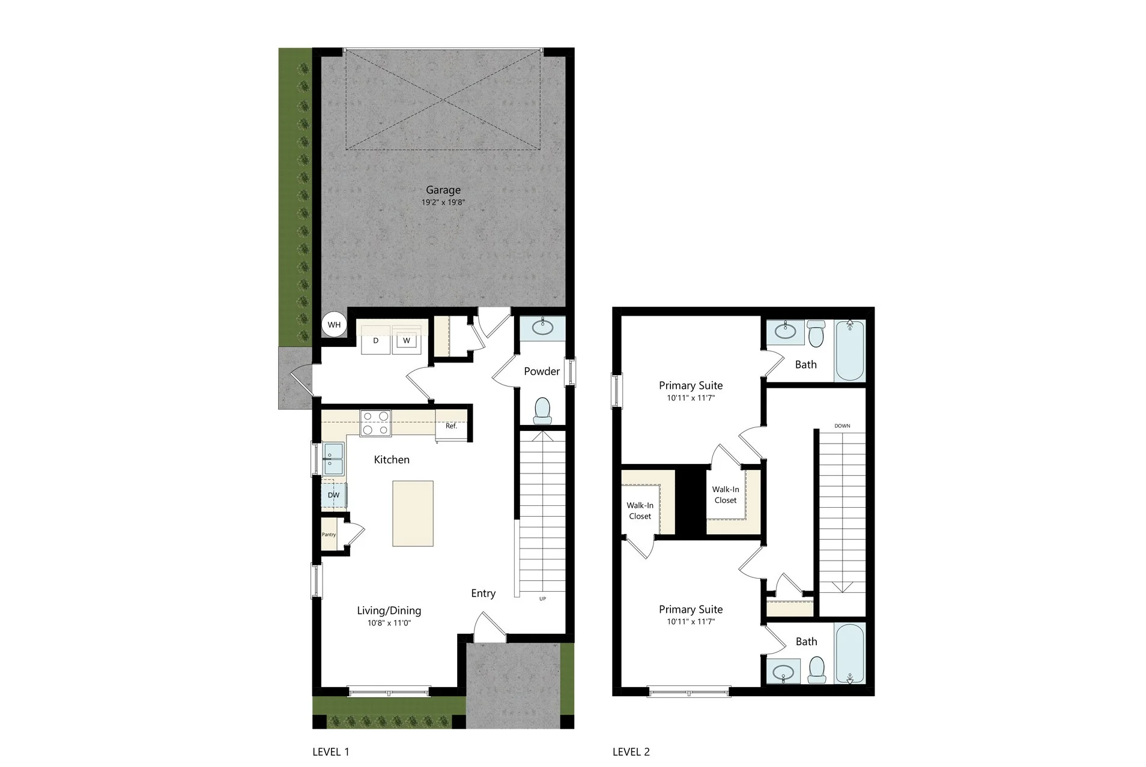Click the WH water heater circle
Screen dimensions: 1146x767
coord(334,325)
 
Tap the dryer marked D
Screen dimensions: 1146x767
coord(376,340)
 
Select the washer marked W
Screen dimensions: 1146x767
coord(407,340)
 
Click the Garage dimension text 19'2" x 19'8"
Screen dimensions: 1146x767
coord(443,203)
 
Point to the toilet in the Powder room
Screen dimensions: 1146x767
coord(542,410)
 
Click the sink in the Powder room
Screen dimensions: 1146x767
coord(542,328)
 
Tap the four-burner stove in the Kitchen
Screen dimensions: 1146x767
coord(375,423)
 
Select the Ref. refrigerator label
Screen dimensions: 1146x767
coord(451,426)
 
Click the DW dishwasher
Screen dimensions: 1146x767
coord(333,495)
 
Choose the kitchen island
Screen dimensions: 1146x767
coord(413,513)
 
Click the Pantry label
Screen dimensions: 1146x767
coord(329,535)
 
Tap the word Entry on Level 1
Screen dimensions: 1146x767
coord(484,594)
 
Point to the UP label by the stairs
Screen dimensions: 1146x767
coord(542,599)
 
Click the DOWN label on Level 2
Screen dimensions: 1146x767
coord(842,426)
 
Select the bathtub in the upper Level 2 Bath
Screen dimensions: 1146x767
coord(849,350)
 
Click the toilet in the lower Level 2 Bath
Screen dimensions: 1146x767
coord(816,670)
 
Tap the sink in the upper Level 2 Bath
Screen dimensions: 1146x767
coord(785,332)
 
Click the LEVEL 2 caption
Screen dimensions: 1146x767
coord(631,751)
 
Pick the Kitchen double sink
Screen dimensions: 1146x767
coord(333,459)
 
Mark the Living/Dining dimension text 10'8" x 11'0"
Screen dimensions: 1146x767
coord(389,624)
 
